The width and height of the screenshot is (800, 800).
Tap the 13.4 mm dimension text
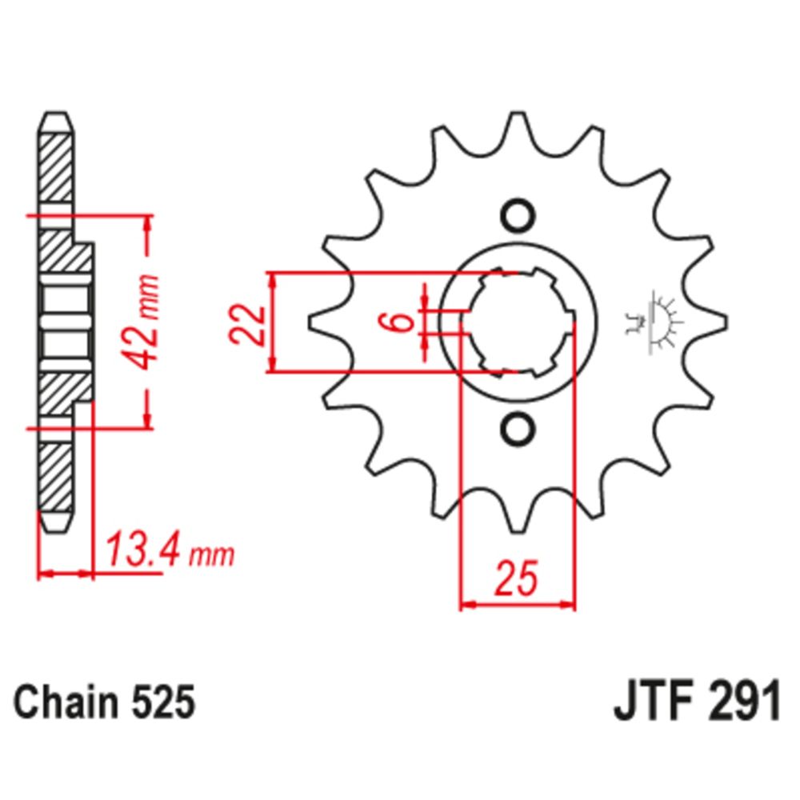[169, 551]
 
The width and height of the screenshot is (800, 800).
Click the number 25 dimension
[515, 580]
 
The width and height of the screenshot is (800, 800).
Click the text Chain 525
[105, 704]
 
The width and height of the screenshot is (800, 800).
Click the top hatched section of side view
[55, 169]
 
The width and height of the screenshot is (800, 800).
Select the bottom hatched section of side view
[55, 475]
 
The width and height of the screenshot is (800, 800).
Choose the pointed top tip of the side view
[55, 117]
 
